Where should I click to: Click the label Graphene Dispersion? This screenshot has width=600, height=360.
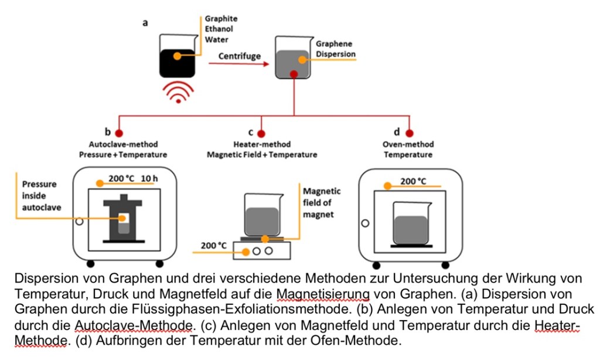pos(335,49)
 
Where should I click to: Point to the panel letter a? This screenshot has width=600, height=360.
pos(145,23)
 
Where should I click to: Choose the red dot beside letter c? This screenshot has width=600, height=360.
pos(261,133)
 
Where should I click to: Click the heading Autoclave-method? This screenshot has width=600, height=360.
pos(123,144)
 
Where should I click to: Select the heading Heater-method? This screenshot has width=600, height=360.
pos(262,144)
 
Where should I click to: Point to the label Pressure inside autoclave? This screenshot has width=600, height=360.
pos(40,195)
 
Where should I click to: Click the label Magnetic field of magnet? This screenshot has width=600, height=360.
pos(321,202)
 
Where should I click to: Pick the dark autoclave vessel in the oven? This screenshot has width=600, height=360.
pos(123,219)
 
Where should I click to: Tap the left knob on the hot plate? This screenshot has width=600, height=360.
pos(256,251)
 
